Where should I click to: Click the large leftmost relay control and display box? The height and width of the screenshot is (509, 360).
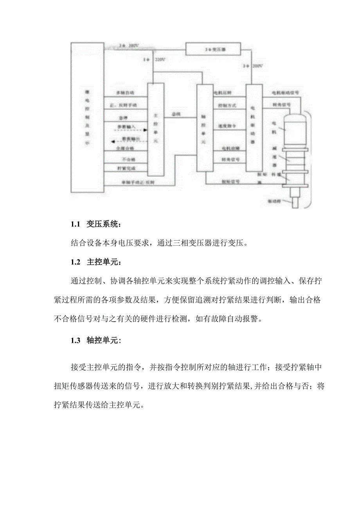[87, 117]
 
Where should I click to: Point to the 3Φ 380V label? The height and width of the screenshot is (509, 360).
[129, 46]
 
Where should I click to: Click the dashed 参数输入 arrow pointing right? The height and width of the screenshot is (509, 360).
[124, 127]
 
